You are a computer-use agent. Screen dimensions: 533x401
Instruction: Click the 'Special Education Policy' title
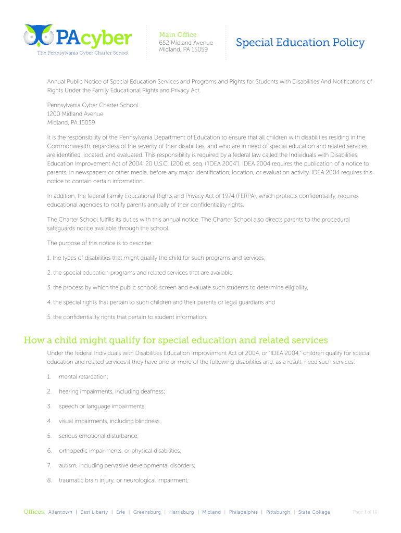[x=300, y=43]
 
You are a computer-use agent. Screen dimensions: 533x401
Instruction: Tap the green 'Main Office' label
[x=178, y=34]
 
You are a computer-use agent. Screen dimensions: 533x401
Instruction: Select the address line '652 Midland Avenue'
[x=186, y=42]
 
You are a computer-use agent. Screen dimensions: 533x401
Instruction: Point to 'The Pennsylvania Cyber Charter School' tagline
[x=82, y=53]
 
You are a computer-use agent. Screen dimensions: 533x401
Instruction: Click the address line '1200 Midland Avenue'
[x=75, y=114]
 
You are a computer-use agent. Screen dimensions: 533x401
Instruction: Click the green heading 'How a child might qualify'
[x=176, y=340]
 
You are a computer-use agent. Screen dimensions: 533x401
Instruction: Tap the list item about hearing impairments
[x=111, y=391]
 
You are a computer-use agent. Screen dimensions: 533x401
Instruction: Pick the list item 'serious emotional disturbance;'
[x=98, y=436]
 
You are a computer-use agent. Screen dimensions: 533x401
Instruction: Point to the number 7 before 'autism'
[x=49, y=465]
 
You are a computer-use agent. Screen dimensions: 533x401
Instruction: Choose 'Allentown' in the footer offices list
[x=60, y=512]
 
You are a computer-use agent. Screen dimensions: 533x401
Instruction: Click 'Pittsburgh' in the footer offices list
[x=278, y=512]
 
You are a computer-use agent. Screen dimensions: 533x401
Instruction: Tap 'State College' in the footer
[x=314, y=512]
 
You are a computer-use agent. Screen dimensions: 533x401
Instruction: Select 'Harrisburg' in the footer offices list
[x=181, y=512]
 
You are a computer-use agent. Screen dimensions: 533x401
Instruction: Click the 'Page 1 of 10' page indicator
[x=365, y=512]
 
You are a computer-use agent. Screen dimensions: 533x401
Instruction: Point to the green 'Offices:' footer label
[x=34, y=512]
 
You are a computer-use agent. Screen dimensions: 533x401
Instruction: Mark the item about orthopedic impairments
[x=120, y=451]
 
